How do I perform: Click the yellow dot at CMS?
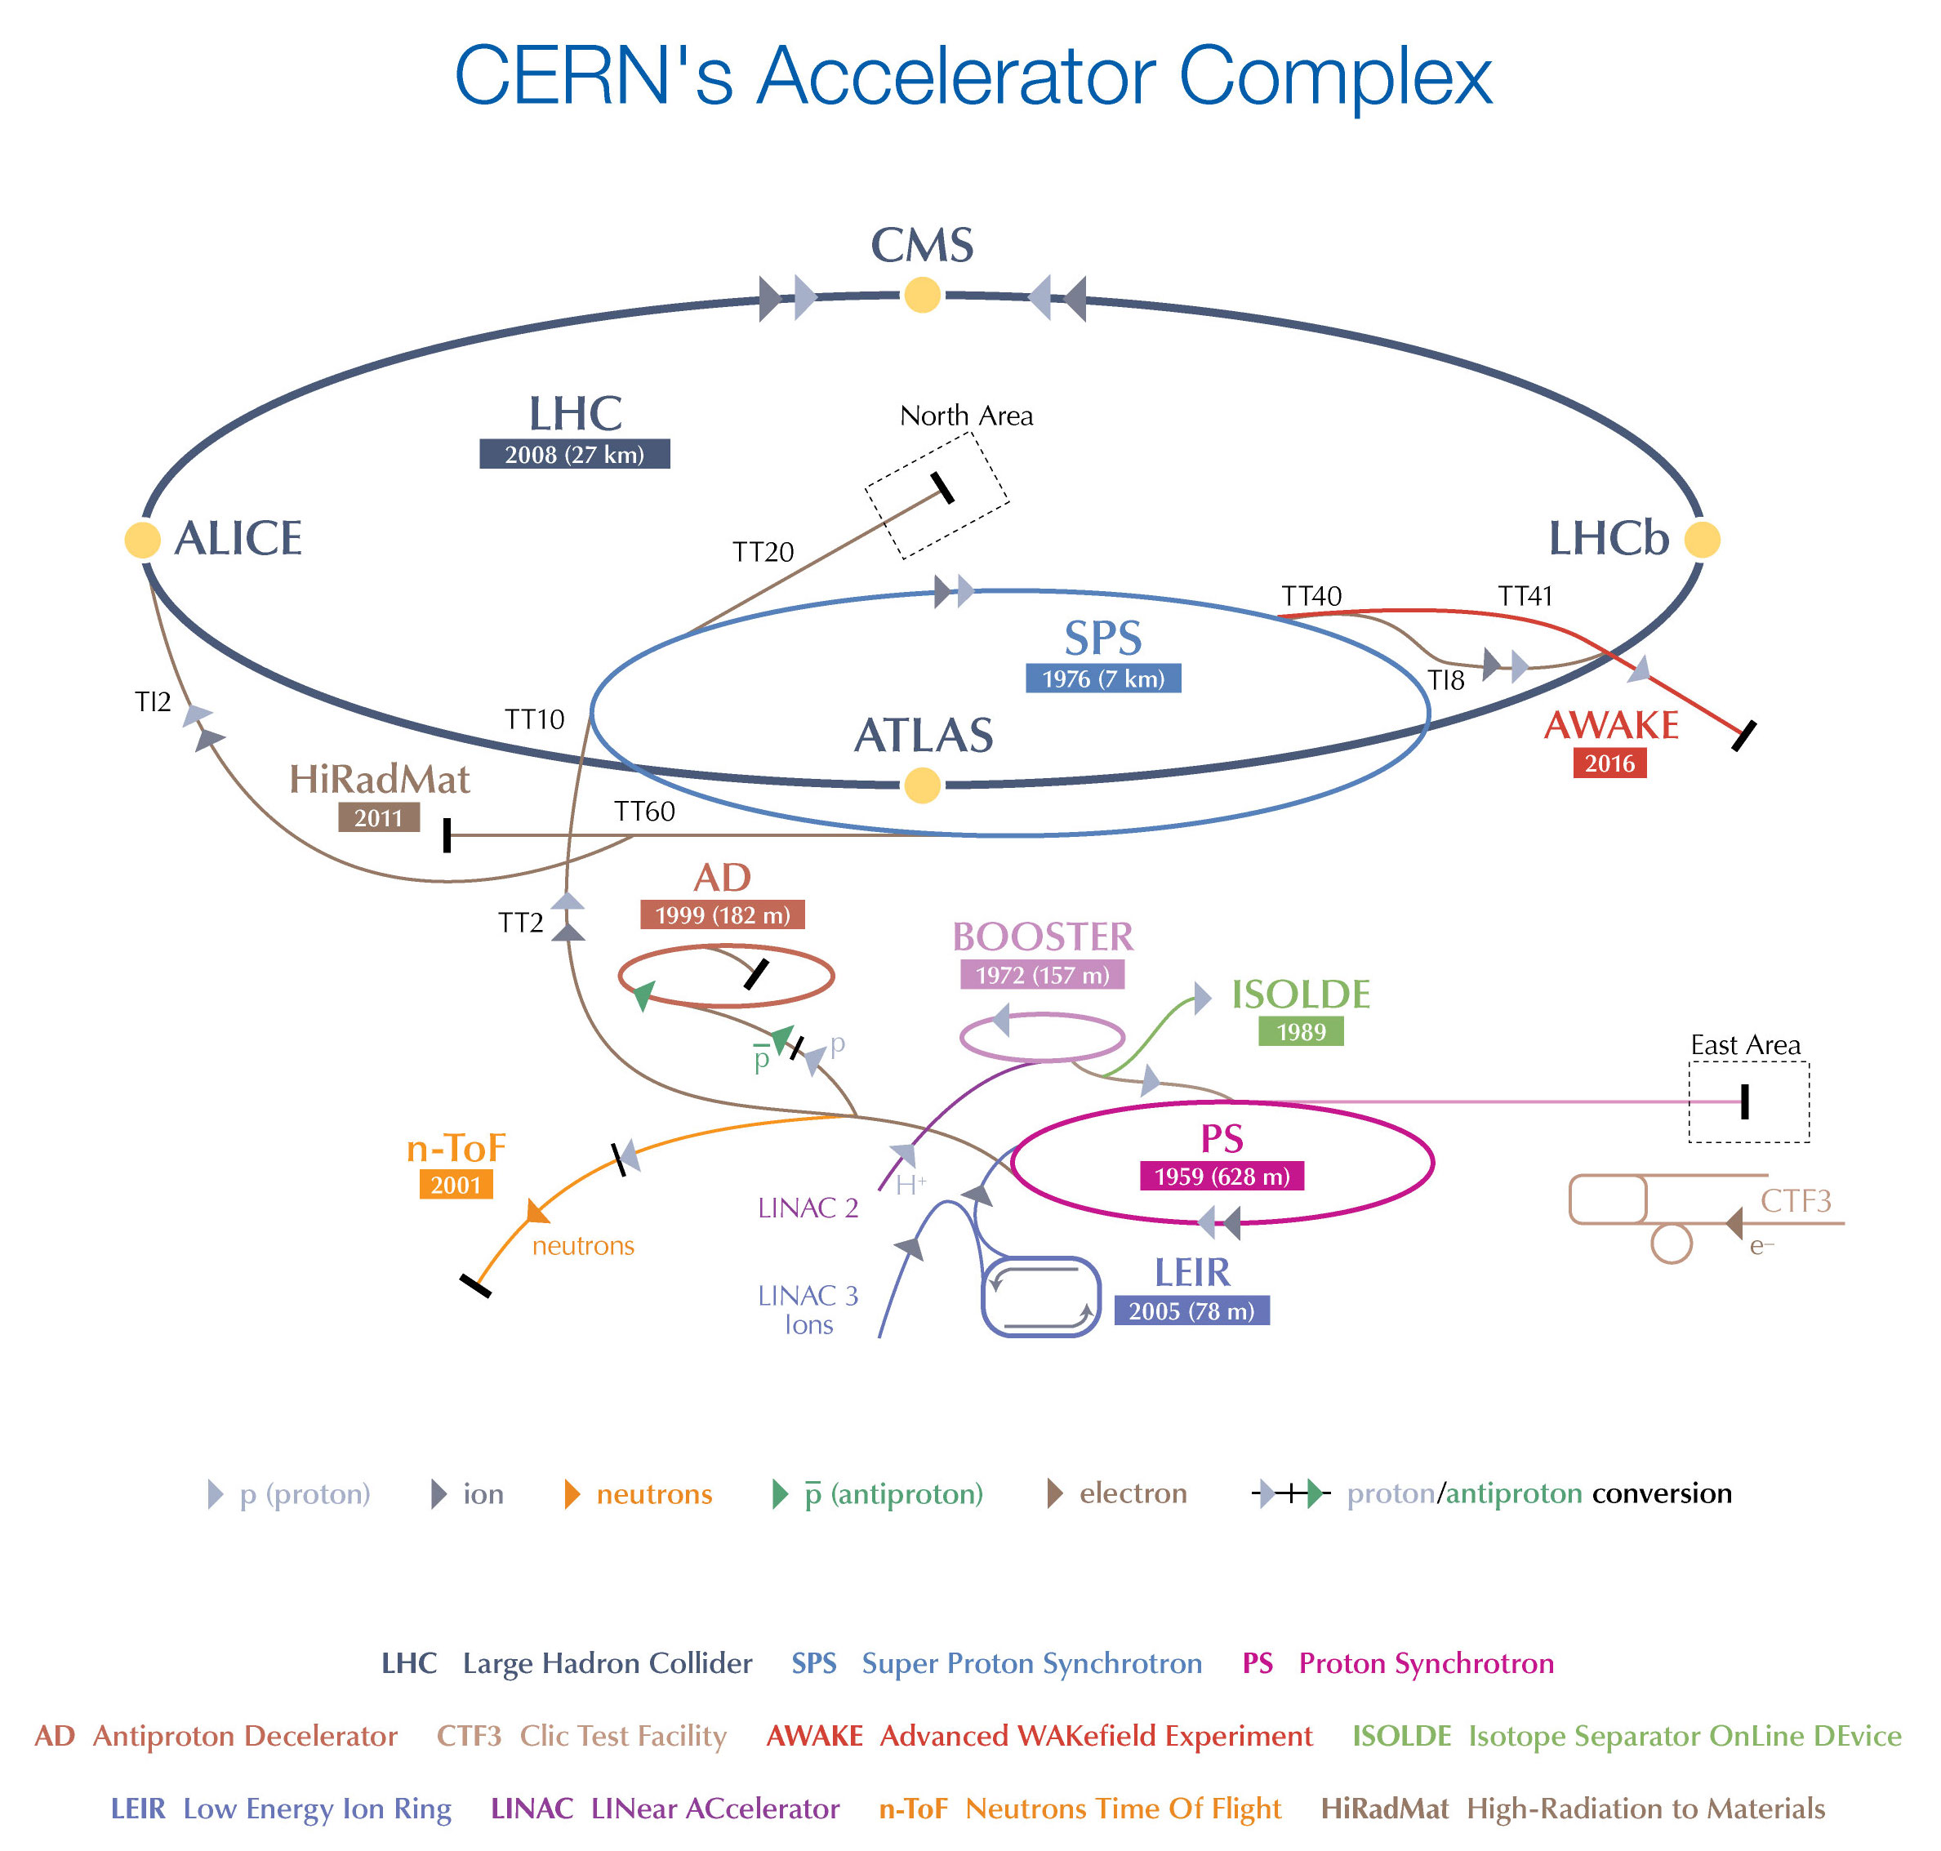[x=922, y=294]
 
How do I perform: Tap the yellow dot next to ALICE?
[x=142, y=540]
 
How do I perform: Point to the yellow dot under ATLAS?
[x=922, y=785]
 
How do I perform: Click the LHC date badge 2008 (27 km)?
[x=574, y=454]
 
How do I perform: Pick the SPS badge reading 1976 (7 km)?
[x=1102, y=679]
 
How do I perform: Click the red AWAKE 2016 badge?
[x=1609, y=763]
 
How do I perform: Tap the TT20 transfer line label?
[x=762, y=552]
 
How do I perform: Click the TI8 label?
[x=1445, y=680]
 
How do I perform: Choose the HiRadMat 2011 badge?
[x=378, y=817]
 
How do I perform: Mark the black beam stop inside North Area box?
[x=942, y=487]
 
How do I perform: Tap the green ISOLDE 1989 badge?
[x=1300, y=1032]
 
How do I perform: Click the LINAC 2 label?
[x=808, y=1208]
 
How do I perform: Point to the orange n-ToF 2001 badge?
[x=454, y=1184]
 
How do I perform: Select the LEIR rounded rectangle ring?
[x=1040, y=1296]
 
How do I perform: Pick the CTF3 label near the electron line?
[x=1795, y=1201]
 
